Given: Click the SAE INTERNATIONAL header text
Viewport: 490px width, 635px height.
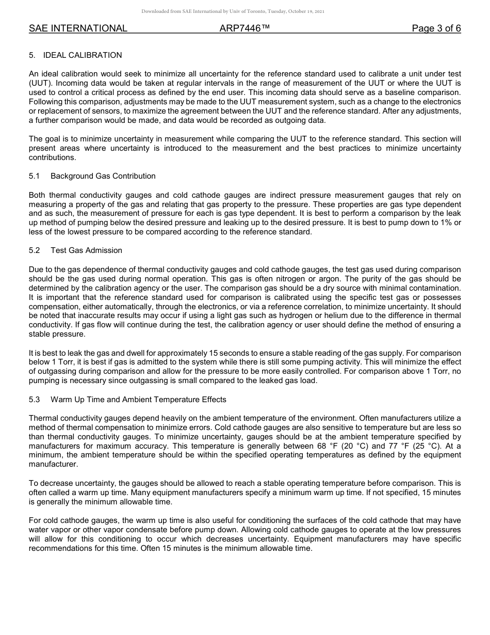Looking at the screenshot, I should pos(78,28).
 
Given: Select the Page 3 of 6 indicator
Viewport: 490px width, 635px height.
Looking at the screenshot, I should pos(436,28).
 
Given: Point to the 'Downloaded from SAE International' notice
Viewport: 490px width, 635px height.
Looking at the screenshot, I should pos(233,11).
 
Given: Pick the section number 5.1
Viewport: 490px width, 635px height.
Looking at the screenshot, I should pos(35,176).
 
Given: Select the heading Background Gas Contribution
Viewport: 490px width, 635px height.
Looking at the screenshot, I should pos(103,176).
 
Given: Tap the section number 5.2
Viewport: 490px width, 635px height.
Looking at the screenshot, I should pos(35,250).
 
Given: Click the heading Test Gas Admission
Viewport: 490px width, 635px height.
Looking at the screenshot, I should pos(86,250).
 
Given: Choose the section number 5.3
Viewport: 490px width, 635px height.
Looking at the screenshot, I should pos(35,400).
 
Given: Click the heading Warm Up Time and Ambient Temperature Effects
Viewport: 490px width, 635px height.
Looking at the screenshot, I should pos(138,400).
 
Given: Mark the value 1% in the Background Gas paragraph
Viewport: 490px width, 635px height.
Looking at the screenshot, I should pos(444,223).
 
